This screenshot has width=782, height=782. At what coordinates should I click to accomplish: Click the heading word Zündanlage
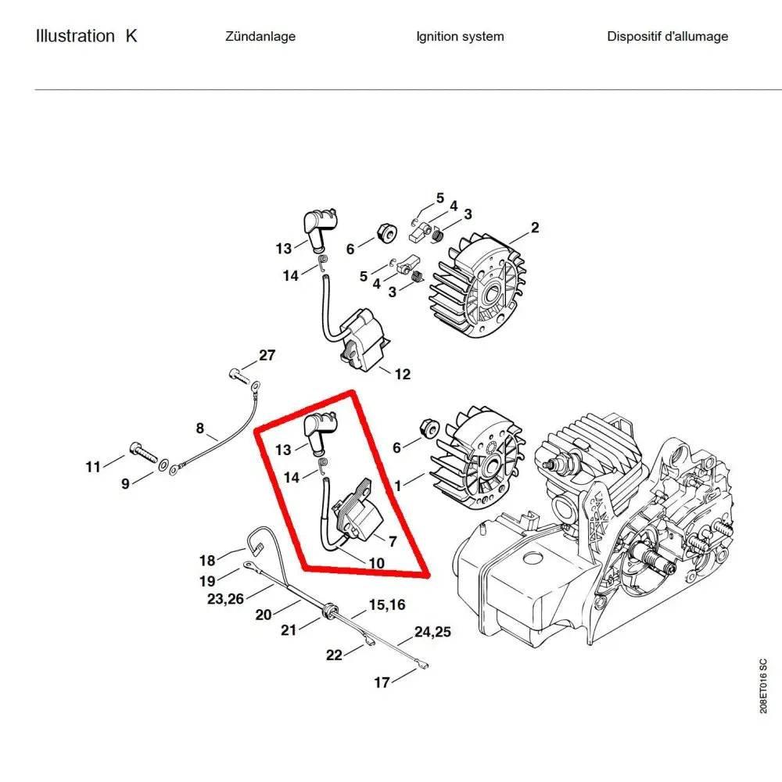coord(260,36)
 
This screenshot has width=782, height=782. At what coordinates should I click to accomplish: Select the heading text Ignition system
coord(460,36)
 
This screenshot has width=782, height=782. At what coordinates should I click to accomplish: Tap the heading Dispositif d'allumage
coord(667,36)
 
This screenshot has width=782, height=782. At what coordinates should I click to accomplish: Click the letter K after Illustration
coord(131,36)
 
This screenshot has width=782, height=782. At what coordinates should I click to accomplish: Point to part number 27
coord(267,355)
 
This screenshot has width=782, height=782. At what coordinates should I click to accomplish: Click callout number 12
coord(402,375)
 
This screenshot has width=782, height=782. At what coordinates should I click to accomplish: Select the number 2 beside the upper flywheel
coord(535,228)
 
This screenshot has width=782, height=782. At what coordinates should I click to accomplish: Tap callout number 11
coord(93,468)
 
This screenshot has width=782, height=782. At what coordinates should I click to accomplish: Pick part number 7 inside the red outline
coord(393,540)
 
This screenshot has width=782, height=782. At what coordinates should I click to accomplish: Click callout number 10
coord(376,563)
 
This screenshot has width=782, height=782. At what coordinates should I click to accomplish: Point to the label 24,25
coord(433,631)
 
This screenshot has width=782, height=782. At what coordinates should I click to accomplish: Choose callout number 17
coord(382,683)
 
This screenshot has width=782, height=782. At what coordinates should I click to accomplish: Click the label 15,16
coord(387,604)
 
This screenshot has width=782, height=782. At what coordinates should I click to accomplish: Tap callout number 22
coord(334,655)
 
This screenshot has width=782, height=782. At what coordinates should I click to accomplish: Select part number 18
coord(206,560)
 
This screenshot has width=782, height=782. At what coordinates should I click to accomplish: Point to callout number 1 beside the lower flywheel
coord(398,486)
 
